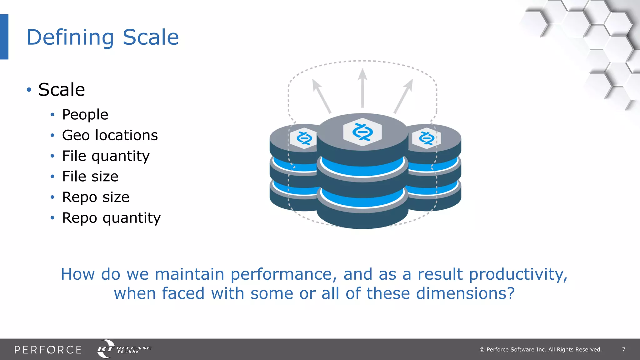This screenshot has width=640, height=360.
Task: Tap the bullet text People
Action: [85, 115]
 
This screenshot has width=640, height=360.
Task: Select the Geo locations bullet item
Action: [110, 135]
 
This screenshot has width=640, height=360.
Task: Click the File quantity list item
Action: [106, 156]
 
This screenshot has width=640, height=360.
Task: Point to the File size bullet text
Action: [90, 177]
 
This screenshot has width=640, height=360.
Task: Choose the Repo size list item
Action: [96, 197]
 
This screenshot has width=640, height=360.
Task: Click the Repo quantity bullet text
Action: [111, 218]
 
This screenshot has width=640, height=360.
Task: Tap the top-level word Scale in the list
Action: [62, 90]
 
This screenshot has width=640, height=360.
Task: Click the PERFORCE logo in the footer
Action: [48, 350]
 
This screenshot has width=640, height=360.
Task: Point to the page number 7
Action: [623, 350]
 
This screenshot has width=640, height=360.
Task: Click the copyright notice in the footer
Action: [541, 350]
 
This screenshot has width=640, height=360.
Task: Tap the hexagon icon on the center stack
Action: [362, 132]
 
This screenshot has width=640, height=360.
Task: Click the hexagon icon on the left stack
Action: [304, 138]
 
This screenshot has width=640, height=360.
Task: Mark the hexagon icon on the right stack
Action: [426, 138]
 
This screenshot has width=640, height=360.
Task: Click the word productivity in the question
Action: [518, 275]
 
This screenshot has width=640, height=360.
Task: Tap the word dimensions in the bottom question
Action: [465, 294]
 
